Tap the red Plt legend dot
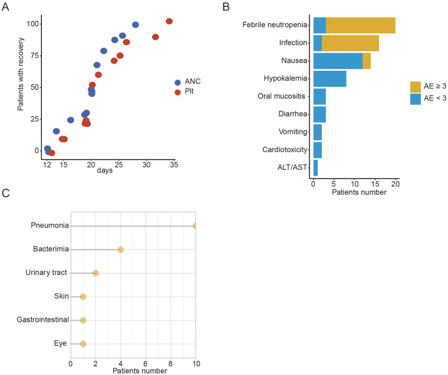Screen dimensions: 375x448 (x=177, y=93)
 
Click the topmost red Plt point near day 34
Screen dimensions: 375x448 (x=169, y=21)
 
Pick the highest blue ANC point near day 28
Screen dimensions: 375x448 (x=136, y=25)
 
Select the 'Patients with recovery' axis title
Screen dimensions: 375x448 (x=20, y=87)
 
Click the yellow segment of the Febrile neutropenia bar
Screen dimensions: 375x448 (x=360, y=25)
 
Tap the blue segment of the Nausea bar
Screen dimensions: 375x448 (x=338, y=61)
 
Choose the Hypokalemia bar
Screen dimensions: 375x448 (x=330, y=78)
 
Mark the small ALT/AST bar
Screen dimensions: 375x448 (x=315, y=167)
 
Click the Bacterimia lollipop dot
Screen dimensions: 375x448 (x=121, y=249)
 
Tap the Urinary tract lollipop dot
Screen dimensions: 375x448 (x=95, y=273)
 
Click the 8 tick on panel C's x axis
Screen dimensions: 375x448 (x=171, y=363)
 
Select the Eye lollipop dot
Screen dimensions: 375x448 (x=83, y=344)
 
